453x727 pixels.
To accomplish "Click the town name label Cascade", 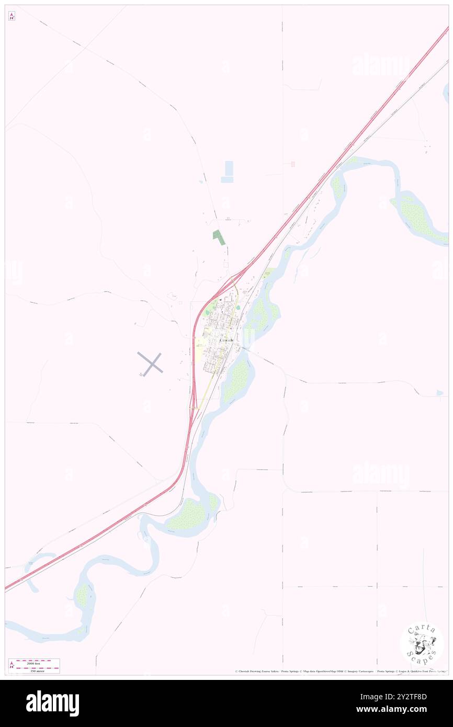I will coord(228,340).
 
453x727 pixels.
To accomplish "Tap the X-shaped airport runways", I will coord(150,363).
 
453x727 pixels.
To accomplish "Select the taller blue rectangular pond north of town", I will coord(228,168).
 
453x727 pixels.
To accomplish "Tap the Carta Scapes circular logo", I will coord(422,644).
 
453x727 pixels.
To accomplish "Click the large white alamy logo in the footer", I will coord(52,703).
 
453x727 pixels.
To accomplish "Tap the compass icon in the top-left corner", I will coord(12,16).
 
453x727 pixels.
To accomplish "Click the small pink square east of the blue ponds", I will coord(293,164).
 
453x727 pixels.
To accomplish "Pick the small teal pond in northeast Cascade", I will coord(238,308).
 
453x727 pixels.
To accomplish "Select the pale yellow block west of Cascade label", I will coord(201,345).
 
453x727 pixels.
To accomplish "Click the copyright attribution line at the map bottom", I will coord(341,671).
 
